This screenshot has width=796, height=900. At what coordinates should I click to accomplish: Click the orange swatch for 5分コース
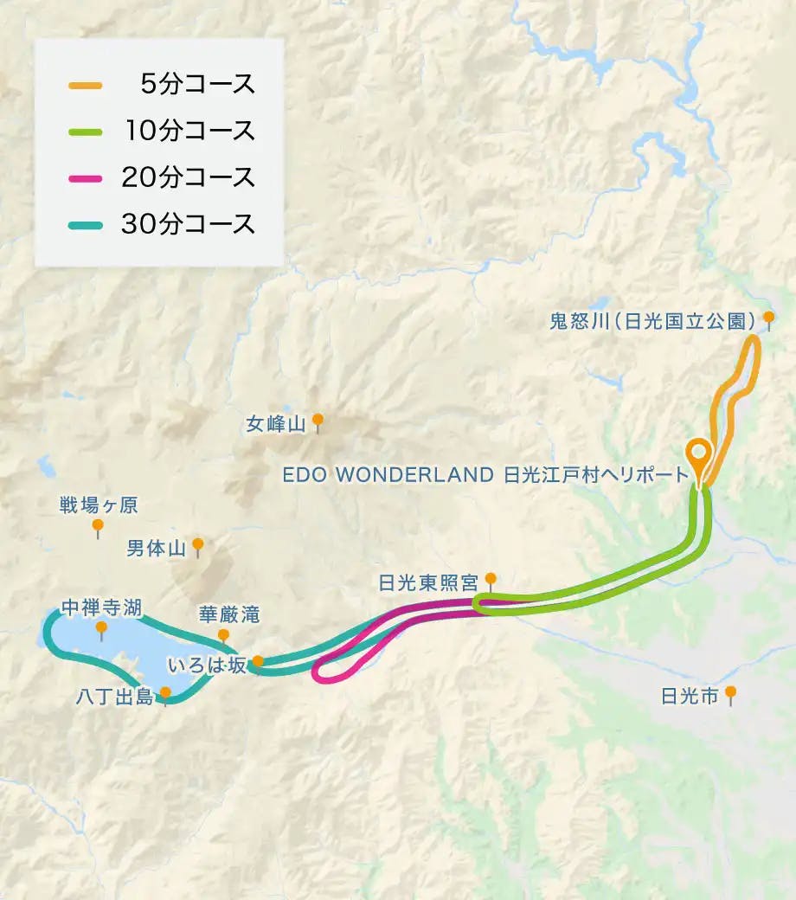85,85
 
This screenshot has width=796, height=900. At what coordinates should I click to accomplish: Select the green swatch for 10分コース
85,132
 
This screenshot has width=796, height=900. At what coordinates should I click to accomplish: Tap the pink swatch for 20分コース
85,178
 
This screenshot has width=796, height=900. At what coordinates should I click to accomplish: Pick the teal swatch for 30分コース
85,225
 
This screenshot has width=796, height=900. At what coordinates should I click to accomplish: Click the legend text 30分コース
189,225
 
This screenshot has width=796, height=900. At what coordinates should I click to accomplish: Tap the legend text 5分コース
197,85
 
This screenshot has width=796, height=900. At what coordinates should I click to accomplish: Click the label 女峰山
276,424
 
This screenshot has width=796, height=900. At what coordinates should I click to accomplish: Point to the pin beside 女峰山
318,421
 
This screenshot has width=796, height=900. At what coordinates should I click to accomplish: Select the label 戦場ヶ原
98,505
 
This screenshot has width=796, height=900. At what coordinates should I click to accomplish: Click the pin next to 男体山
198,545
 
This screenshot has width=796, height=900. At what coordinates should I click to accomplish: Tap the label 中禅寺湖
101,606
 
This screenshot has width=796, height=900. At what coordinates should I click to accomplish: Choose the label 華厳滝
228,614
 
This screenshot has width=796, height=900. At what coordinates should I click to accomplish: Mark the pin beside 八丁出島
165,693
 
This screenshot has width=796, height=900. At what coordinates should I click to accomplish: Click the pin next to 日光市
731,693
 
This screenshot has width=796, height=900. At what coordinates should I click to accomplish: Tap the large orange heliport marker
698,454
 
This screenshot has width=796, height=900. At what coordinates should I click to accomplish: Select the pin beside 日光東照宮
491,578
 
